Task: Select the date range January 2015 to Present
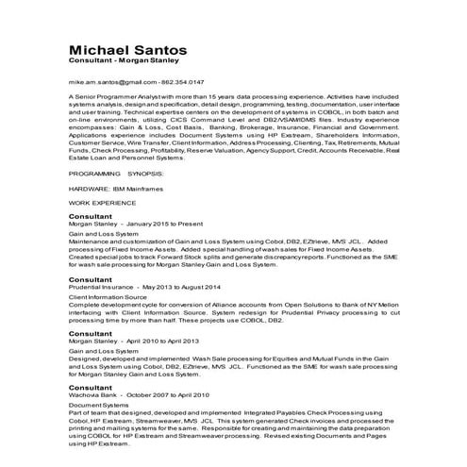point(164,224)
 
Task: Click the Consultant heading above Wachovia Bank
point(92,386)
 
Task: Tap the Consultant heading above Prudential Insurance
point(92,279)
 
